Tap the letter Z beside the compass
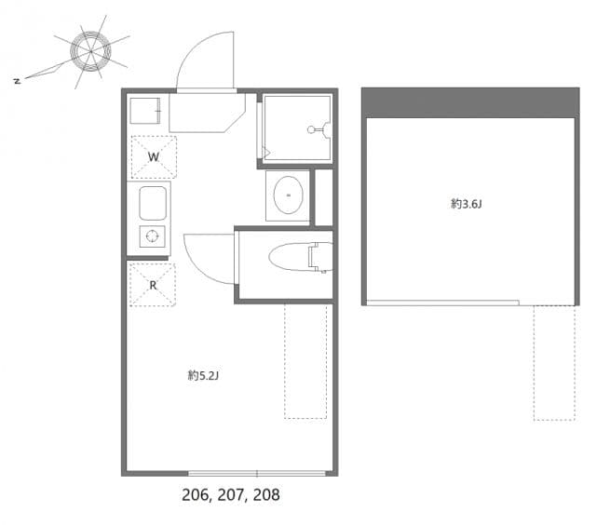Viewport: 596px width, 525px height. (17, 81)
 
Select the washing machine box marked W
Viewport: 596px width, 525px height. (153, 156)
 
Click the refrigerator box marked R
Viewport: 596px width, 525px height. (152, 285)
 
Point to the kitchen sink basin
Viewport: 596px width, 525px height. (153, 202)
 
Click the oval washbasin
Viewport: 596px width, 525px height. (288, 195)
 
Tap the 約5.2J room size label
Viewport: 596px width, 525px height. (203, 376)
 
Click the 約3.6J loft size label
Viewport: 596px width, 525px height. (466, 204)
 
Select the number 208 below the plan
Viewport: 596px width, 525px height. (263, 495)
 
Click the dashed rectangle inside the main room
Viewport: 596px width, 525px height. (305, 360)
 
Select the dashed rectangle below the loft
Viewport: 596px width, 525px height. (554, 362)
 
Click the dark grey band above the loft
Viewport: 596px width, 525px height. (470, 101)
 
